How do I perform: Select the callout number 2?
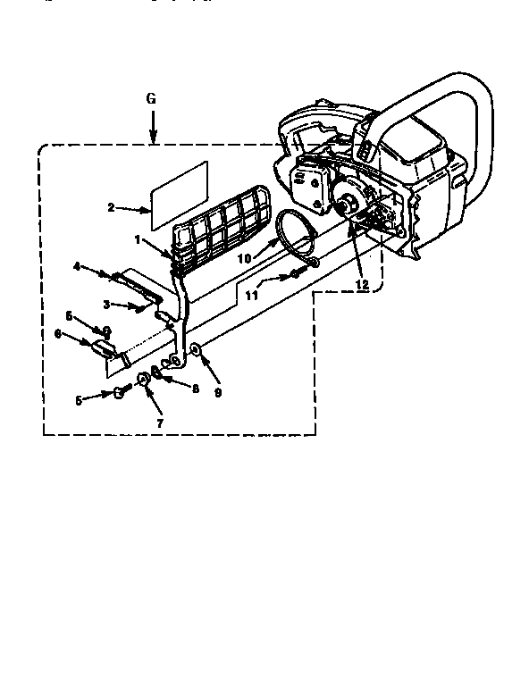coord(111,207)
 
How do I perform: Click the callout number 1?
coord(137,240)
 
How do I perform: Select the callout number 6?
coord(58,334)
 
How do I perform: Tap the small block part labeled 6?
coord(101,347)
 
